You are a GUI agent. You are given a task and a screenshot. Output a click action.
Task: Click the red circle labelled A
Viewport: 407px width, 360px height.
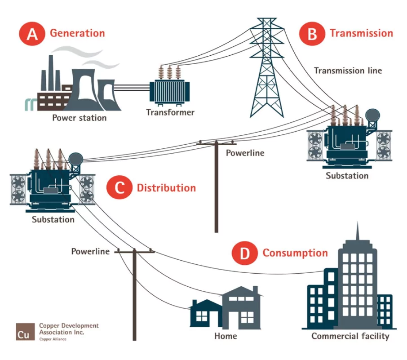tap(32, 34)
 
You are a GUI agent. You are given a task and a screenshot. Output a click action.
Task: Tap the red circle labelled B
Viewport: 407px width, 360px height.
tap(312, 34)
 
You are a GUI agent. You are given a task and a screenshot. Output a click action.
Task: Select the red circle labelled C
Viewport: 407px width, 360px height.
tap(119, 188)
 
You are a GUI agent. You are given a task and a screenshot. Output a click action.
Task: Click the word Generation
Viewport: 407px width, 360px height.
tap(77, 33)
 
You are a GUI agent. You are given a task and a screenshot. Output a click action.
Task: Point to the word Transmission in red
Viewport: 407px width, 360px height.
tap(361, 33)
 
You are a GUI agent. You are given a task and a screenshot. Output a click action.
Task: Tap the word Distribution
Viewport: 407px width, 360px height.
tap(166, 188)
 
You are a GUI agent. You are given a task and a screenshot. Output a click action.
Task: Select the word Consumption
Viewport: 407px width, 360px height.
tap(295, 253)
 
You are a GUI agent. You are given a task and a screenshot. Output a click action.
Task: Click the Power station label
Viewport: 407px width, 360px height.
tap(80, 118)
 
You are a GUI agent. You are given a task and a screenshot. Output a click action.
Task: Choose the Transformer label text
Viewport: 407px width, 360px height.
tap(170, 112)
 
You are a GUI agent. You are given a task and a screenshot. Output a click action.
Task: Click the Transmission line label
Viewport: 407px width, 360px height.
tap(348, 71)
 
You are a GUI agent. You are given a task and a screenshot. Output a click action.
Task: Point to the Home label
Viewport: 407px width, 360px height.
tap(226, 336)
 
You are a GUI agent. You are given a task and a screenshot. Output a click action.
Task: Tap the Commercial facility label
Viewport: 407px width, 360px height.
tap(350, 336)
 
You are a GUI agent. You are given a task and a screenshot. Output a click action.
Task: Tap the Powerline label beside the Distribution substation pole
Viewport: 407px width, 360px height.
tap(90, 252)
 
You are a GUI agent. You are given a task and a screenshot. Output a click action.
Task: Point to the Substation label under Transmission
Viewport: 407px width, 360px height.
tap(347, 176)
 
